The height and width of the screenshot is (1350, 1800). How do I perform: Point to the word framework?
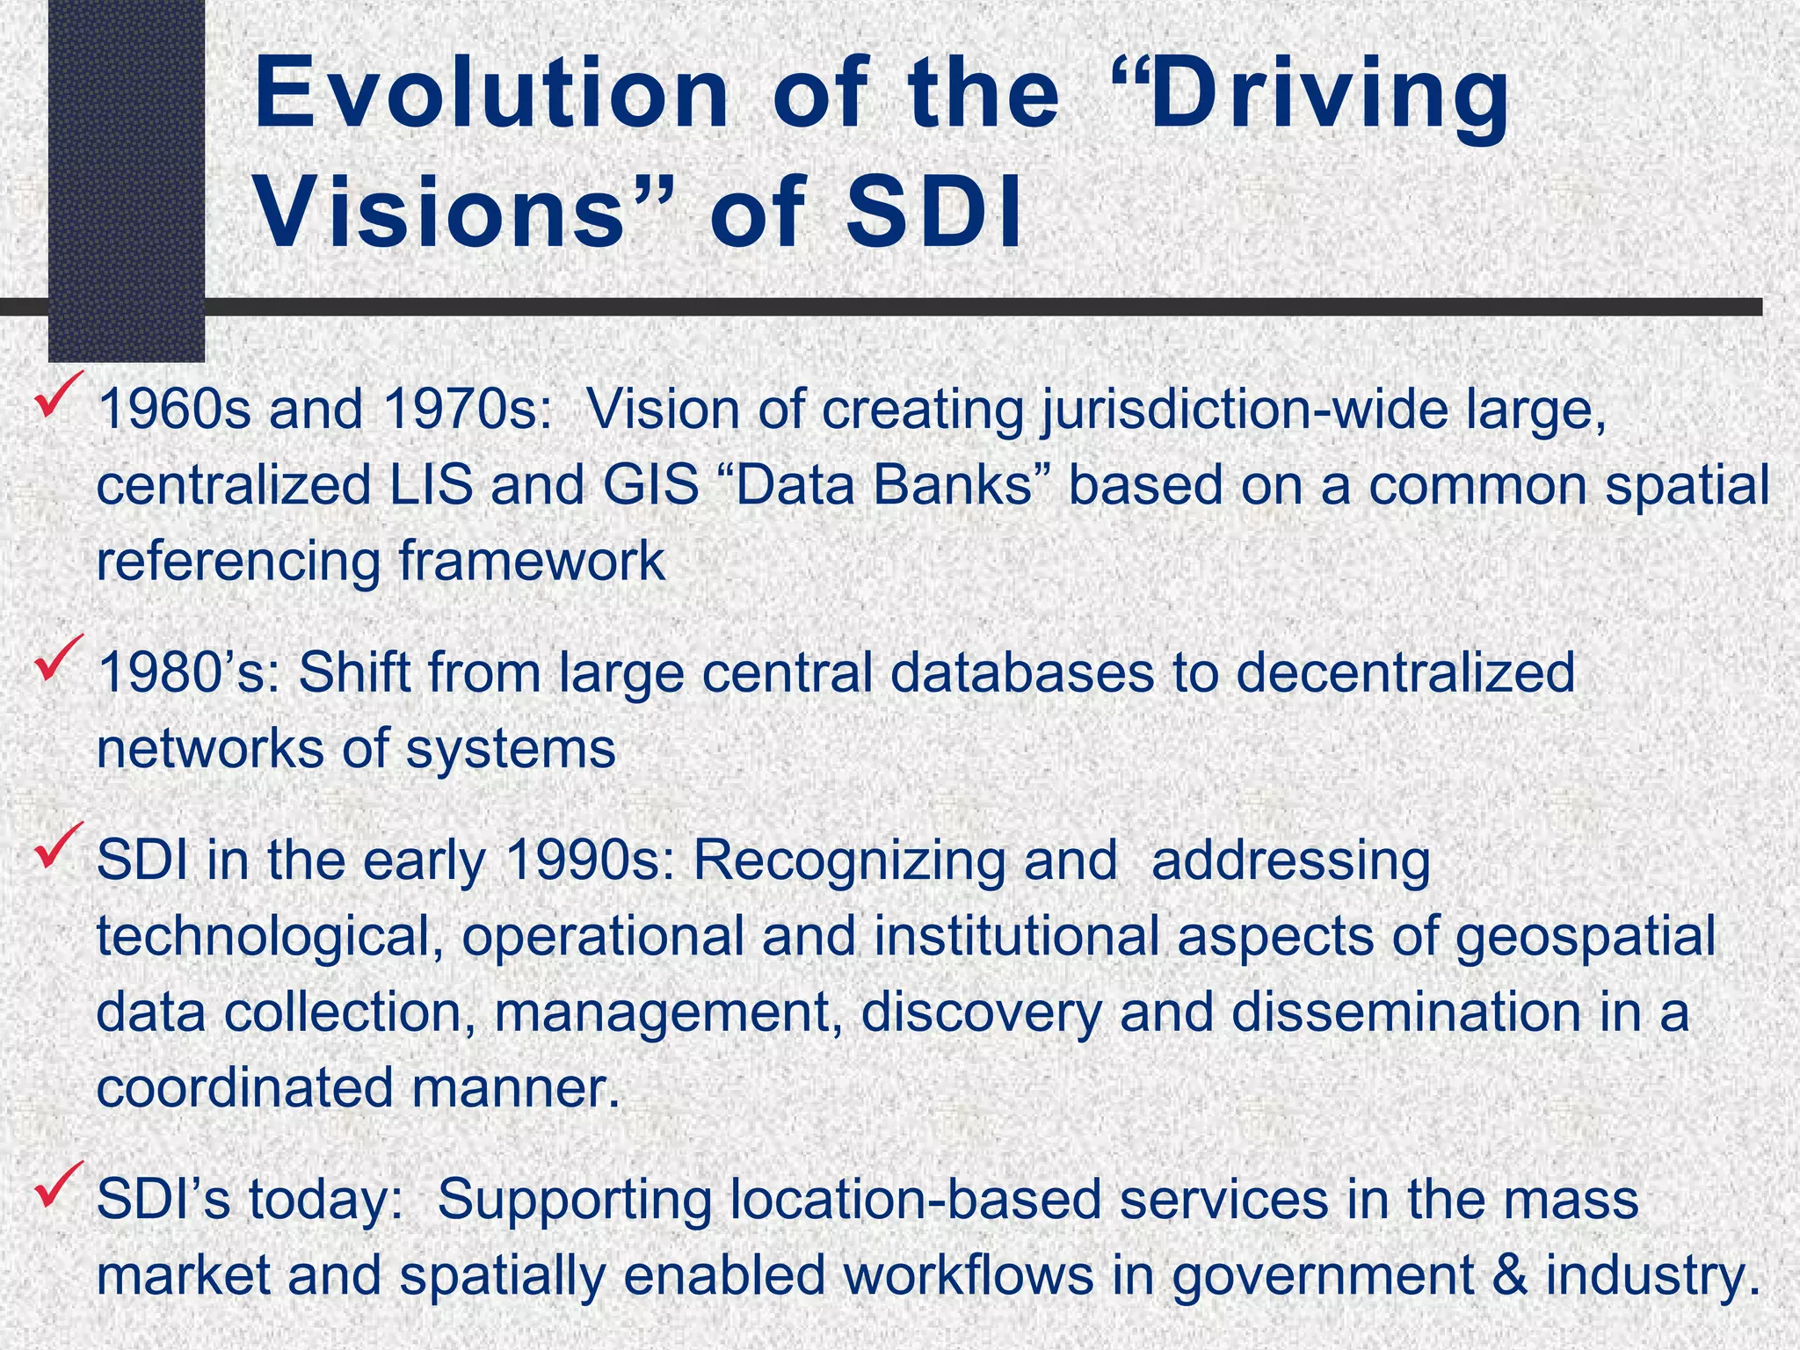pos(532,562)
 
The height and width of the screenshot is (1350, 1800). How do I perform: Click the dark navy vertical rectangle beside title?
pos(126,176)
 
